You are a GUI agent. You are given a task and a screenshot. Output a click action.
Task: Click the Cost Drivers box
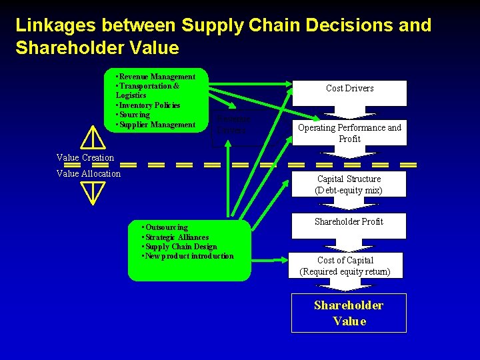pos(349,89)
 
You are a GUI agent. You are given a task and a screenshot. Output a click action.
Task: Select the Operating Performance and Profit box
pos(349,133)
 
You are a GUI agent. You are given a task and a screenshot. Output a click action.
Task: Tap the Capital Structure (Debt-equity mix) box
pos(349,185)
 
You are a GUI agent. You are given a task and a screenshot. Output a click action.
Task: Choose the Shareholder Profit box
pos(349,222)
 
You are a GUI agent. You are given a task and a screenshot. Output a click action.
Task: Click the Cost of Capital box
pos(345,265)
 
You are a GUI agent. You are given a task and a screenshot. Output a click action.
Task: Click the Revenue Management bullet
pos(156,77)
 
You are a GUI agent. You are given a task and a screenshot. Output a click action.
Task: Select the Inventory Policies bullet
pos(149,105)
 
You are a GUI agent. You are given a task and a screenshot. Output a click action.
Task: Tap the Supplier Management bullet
pos(156,125)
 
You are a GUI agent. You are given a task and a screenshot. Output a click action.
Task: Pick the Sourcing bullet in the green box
pos(134,115)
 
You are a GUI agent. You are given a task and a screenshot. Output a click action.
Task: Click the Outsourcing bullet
pos(165,227)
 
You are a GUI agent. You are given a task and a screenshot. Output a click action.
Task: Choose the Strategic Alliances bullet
pos(176,237)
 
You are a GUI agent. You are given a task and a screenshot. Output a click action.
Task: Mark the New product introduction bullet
pos(188,256)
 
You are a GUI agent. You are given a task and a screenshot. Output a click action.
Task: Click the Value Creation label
pos(85,158)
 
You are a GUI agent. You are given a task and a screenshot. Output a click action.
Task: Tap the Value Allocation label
pos(89,174)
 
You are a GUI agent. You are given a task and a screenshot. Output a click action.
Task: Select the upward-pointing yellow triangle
pos(91,138)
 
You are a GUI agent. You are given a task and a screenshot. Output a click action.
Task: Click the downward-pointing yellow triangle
pos(91,191)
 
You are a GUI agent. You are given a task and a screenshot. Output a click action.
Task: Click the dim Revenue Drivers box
pos(231,125)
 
